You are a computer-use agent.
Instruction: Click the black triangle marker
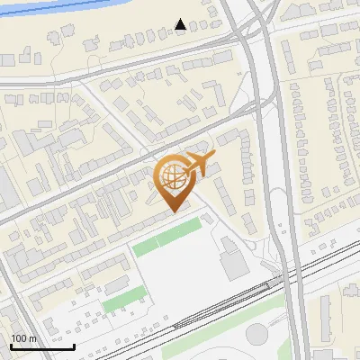181,24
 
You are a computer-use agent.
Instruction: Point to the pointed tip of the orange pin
175,211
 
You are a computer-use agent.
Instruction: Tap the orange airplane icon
198,166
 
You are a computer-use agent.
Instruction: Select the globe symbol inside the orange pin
174,178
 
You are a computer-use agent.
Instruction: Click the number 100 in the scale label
19,338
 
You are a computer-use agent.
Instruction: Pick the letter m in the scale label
32,338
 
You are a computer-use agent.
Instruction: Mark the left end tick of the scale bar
11,346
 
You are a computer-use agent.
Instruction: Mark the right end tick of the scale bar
74,346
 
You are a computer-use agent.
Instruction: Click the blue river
54,6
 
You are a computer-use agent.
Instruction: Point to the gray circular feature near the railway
257,334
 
